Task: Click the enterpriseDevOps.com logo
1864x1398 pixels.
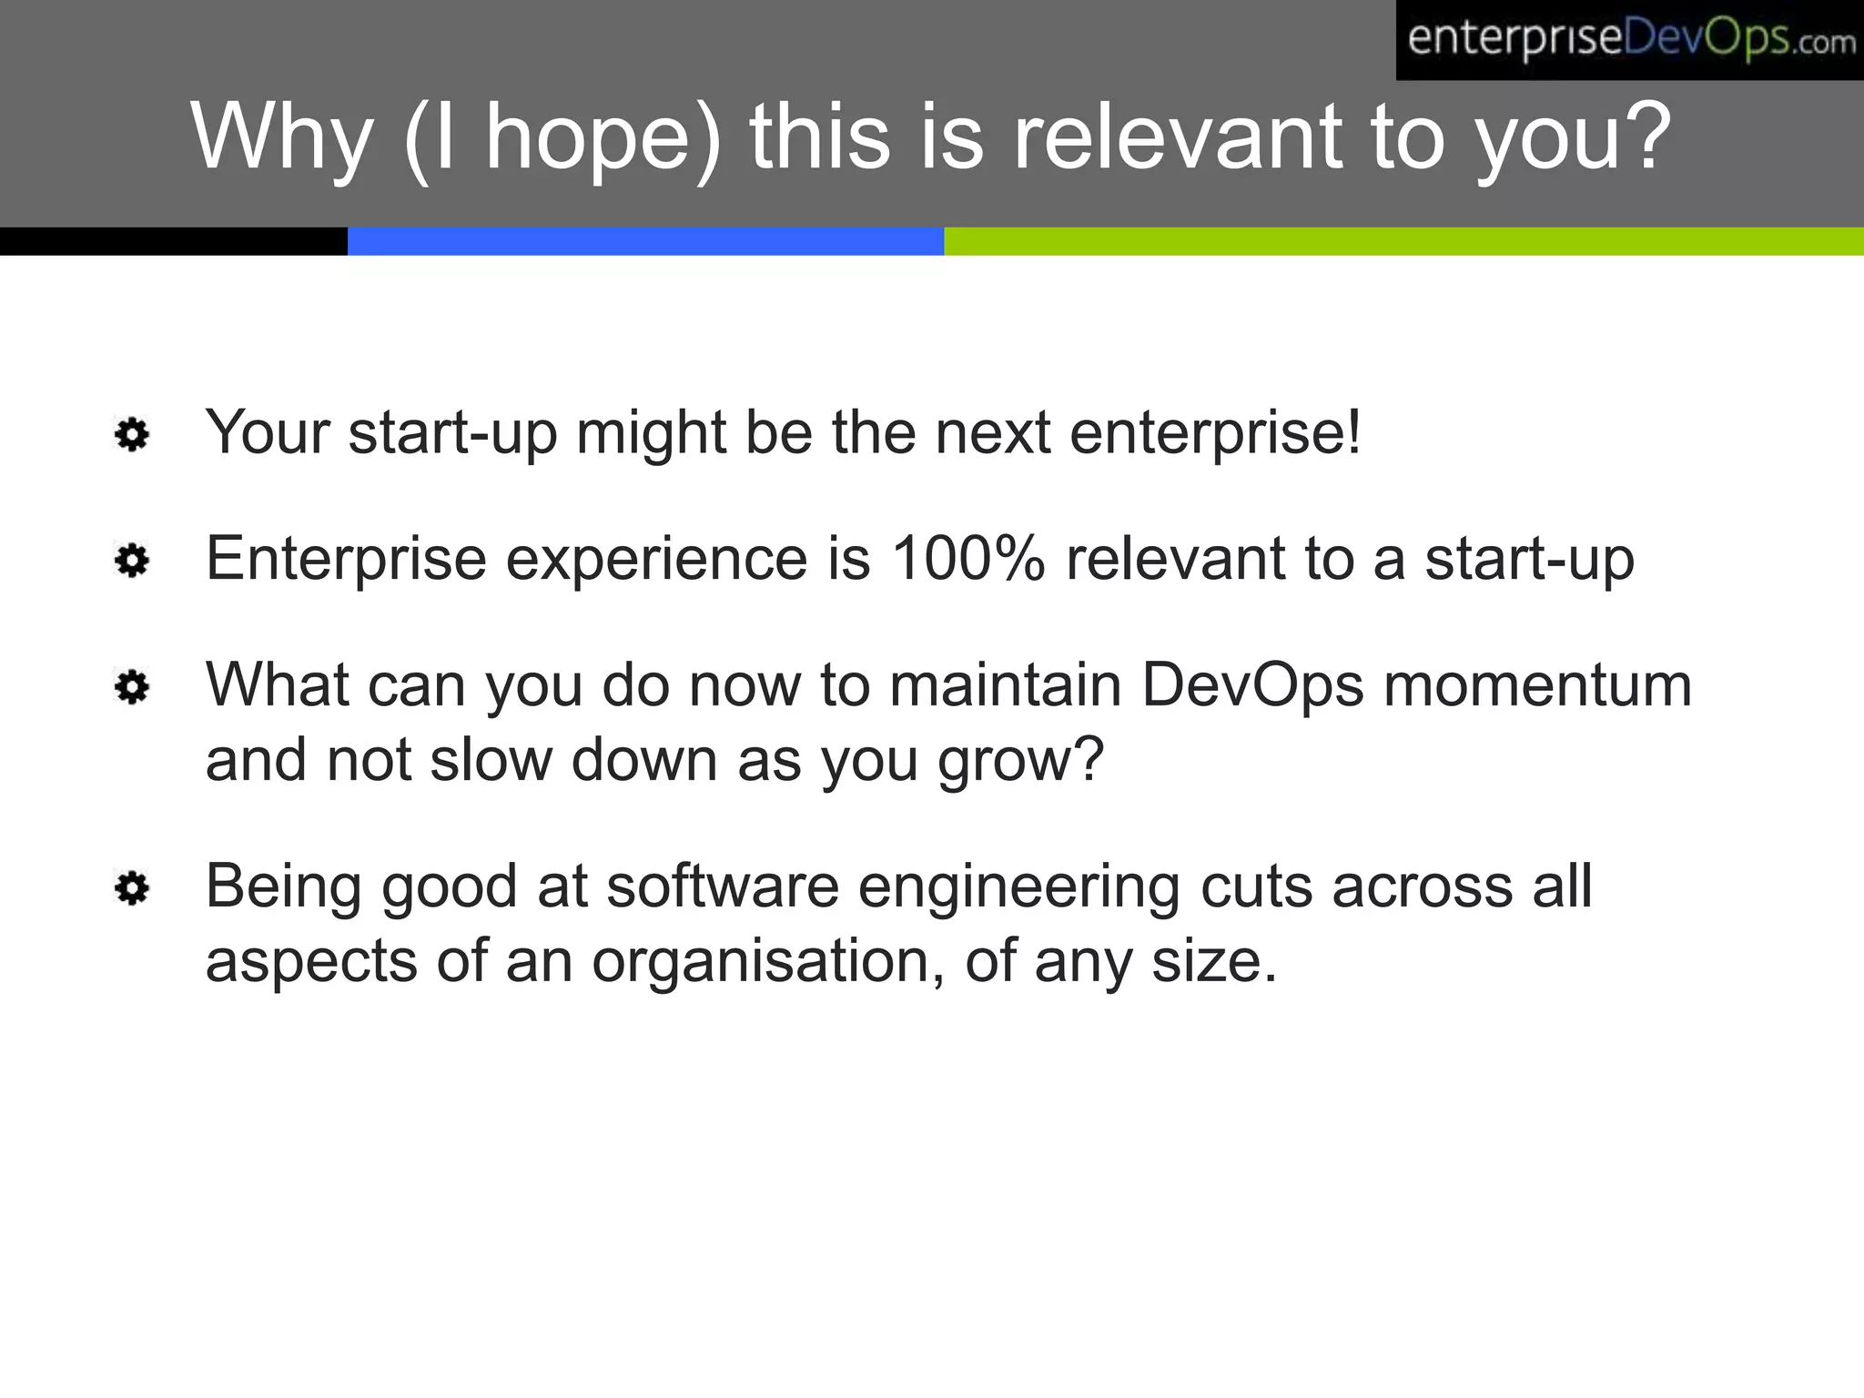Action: [x=1629, y=40]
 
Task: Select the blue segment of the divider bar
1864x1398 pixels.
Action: [x=645, y=241]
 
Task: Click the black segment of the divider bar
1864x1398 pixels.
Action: [x=173, y=241]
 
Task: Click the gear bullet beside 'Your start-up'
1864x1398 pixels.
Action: [x=133, y=435]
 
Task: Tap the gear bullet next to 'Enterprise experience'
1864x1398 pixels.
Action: [x=133, y=561]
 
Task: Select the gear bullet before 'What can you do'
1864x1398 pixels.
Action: [x=133, y=687]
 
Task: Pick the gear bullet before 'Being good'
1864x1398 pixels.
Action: [x=133, y=888]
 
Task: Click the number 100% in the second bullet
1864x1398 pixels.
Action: [x=967, y=558]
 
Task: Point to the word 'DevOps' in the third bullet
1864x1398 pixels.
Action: [x=1252, y=684]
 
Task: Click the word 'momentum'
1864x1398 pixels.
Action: [x=1537, y=686]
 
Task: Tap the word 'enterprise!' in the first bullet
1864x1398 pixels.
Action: [x=1215, y=434]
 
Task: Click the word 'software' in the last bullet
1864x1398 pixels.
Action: [x=723, y=886]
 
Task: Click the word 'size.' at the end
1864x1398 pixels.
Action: [x=1214, y=961]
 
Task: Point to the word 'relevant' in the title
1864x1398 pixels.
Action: [x=1178, y=137]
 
